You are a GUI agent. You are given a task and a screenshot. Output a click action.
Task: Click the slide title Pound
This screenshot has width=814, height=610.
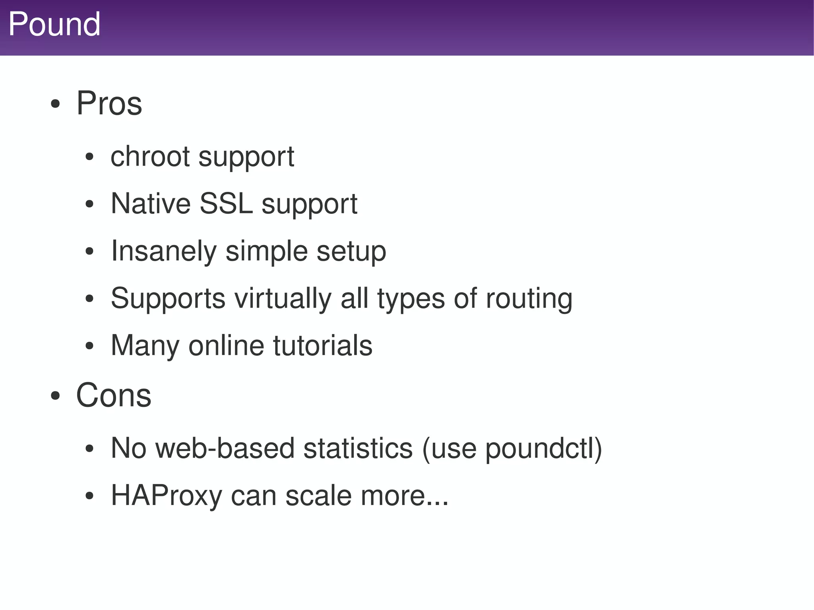(54, 25)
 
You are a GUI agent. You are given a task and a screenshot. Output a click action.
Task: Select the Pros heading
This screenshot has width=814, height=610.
(109, 104)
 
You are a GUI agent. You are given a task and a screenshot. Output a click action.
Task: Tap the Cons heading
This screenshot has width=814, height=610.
(114, 395)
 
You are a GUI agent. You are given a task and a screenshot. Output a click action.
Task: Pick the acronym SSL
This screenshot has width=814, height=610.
(226, 203)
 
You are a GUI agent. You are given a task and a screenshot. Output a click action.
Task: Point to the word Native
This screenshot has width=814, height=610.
(151, 203)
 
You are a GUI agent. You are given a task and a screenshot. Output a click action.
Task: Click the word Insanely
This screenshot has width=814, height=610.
(164, 251)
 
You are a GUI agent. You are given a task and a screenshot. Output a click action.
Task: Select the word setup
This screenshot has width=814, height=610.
(351, 251)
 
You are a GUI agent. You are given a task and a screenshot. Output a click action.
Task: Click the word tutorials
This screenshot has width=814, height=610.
(322, 345)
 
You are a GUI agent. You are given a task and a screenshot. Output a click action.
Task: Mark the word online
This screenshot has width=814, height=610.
(226, 345)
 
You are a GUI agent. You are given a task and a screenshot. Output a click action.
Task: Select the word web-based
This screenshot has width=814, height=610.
(225, 448)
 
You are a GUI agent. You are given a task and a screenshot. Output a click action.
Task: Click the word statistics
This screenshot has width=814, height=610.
(358, 448)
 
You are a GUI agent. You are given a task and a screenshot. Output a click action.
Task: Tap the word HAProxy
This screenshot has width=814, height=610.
(166, 496)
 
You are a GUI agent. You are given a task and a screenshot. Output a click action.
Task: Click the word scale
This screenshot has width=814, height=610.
(318, 496)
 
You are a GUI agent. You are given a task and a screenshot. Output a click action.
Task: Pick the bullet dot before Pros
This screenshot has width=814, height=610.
(55, 105)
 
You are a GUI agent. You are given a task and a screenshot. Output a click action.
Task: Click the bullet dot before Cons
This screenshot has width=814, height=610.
(55, 396)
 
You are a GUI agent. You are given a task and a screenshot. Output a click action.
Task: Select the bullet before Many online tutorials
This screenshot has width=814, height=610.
(89, 346)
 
